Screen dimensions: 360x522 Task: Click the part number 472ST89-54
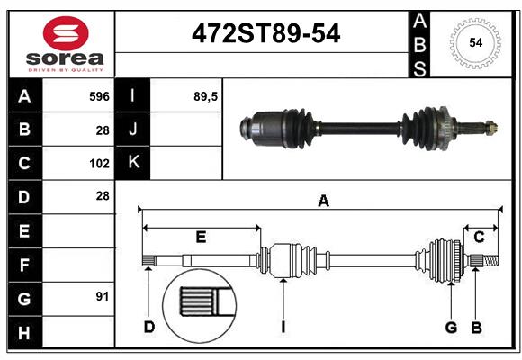coord(267,34)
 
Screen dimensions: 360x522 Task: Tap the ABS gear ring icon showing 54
coord(474,41)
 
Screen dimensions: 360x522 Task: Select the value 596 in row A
coord(98,95)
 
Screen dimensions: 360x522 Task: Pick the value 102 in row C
coord(99,164)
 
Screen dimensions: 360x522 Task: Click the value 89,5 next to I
coord(206,95)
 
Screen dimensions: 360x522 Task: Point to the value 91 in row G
coord(102,296)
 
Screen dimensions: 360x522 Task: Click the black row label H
coord(23,333)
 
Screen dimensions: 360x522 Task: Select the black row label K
coord(133,163)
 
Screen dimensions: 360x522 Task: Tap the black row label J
coord(133,129)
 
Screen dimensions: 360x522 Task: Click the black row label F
coord(23,265)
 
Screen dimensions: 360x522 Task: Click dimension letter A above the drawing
coord(323,202)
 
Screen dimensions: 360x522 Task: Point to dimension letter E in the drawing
coord(201,237)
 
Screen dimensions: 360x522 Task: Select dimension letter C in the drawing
coord(480,237)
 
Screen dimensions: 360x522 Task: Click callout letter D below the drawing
coord(148,327)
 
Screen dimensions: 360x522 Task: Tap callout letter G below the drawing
coord(451,327)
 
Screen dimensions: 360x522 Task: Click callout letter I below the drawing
coord(283,327)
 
